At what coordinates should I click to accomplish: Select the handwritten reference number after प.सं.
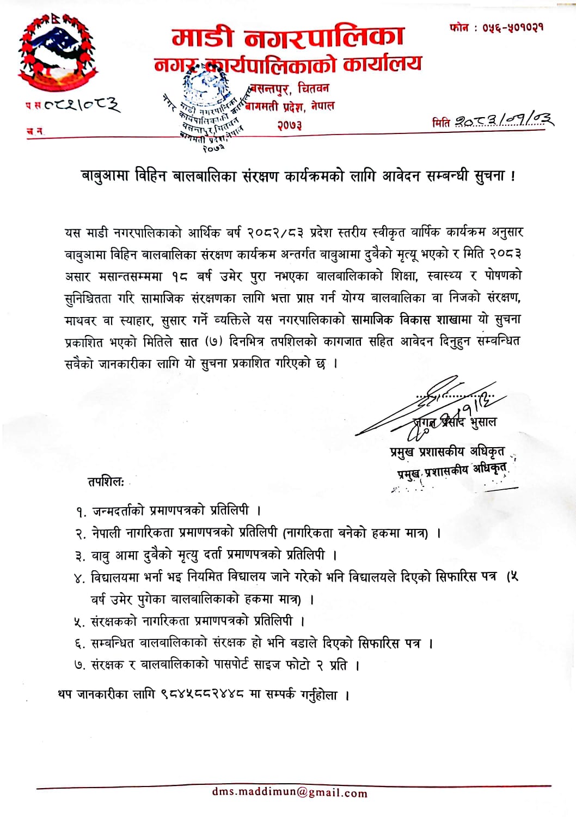pos(80,103)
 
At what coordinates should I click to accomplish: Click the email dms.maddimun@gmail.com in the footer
pos(290,792)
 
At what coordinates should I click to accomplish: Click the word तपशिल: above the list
pos(106,482)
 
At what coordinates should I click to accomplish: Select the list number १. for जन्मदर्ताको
pos(81,512)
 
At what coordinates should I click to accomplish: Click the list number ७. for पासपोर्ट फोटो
pos(80,666)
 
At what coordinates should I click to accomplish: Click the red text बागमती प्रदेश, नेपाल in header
pos(290,106)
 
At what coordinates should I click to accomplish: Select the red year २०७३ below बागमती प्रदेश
pos(289,125)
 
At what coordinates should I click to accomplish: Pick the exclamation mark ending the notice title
pos(513,176)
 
